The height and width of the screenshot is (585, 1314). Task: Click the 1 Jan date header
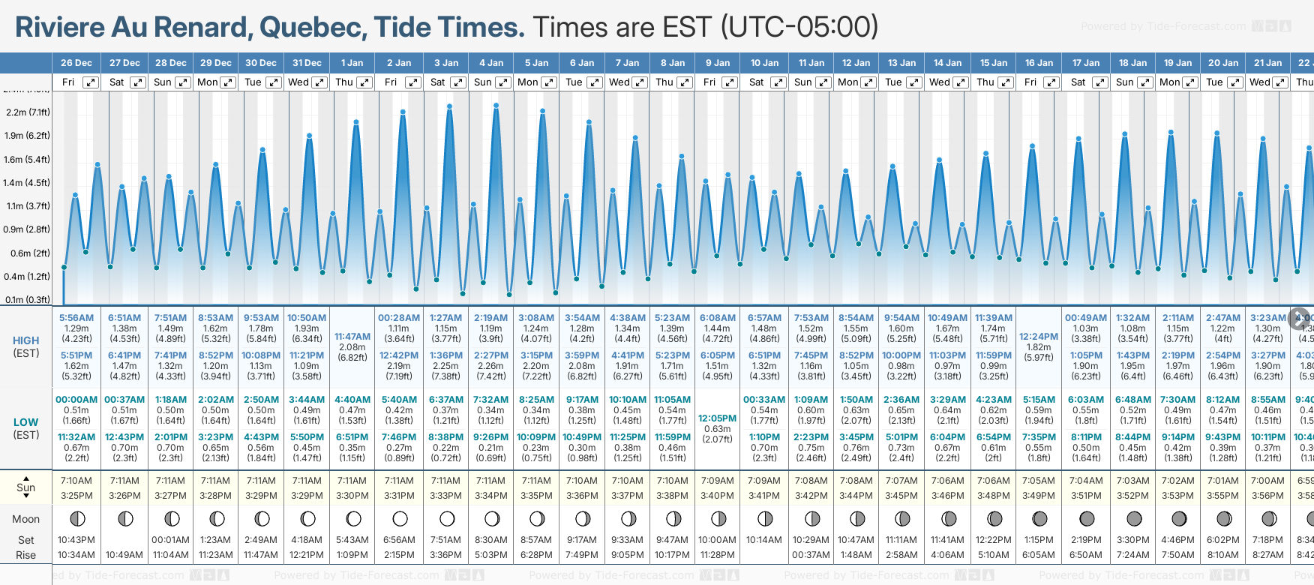352,63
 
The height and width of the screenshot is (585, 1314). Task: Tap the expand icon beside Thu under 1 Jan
364,82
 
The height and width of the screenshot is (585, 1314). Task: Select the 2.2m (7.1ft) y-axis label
28,112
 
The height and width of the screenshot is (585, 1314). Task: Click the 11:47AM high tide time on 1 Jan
352,337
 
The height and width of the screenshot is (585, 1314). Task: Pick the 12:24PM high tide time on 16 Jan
1039,337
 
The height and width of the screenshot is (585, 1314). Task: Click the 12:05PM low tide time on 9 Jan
718,418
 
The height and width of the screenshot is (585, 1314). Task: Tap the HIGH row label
26,340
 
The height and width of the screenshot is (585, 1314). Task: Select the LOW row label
26,422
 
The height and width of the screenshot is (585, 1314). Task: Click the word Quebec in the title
313,28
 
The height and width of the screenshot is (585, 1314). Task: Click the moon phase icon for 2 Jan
400,519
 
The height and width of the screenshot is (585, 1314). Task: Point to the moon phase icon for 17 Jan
1086,519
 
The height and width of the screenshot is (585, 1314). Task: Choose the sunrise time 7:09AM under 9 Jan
718,481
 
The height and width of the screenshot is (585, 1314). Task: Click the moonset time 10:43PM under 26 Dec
76,540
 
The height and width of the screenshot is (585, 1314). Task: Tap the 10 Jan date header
764,63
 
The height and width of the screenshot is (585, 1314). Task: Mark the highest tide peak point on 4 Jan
496,106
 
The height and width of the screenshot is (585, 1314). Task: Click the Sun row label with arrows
26,487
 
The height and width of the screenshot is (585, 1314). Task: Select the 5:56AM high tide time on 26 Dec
76,318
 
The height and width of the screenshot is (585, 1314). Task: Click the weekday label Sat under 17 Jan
1078,82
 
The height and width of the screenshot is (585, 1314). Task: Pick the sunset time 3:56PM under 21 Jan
1268,496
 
